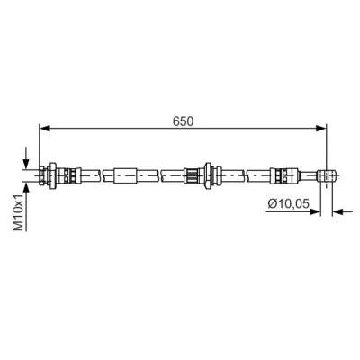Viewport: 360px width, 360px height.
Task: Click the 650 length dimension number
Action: [x=184, y=121]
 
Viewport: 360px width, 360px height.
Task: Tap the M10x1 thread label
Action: [x=18, y=212]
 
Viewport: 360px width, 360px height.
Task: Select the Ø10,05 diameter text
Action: [x=288, y=203]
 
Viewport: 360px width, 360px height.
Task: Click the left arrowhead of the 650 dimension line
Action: [x=44, y=129]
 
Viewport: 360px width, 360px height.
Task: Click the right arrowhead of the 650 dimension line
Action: [x=321, y=129]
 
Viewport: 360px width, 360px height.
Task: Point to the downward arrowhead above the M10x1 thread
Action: [x=26, y=164]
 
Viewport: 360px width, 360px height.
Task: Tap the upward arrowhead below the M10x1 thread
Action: [x=26, y=187]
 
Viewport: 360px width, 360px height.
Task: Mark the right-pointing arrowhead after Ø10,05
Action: [x=315, y=211]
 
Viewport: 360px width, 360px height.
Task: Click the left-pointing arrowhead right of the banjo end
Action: [x=337, y=211]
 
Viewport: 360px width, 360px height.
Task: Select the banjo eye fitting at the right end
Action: [x=326, y=175]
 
